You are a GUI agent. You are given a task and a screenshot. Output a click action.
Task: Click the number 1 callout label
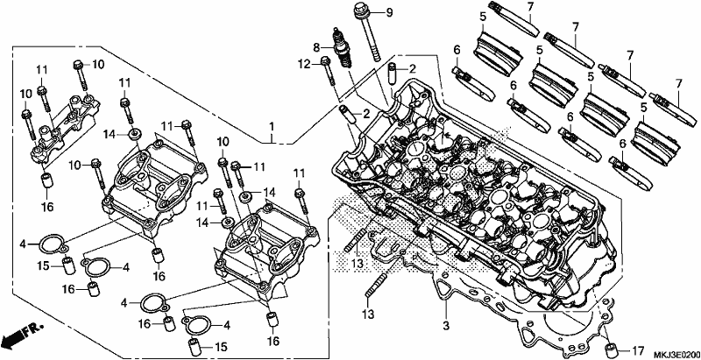(272, 128)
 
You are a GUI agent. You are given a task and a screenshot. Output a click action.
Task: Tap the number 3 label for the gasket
(445, 325)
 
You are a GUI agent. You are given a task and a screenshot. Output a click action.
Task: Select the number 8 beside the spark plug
(316, 47)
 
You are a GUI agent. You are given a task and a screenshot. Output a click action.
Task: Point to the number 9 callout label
(389, 12)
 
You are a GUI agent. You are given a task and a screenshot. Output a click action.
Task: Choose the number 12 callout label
(304, 64)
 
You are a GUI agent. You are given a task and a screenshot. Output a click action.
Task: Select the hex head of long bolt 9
(359, 9)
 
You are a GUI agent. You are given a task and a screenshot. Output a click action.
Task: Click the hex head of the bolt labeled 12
(325, 60)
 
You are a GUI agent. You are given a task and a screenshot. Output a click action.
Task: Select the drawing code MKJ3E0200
(676, 355)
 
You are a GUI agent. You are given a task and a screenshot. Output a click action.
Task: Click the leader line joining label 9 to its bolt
(375, 12)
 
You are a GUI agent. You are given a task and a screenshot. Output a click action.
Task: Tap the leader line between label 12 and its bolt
(316, 63)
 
